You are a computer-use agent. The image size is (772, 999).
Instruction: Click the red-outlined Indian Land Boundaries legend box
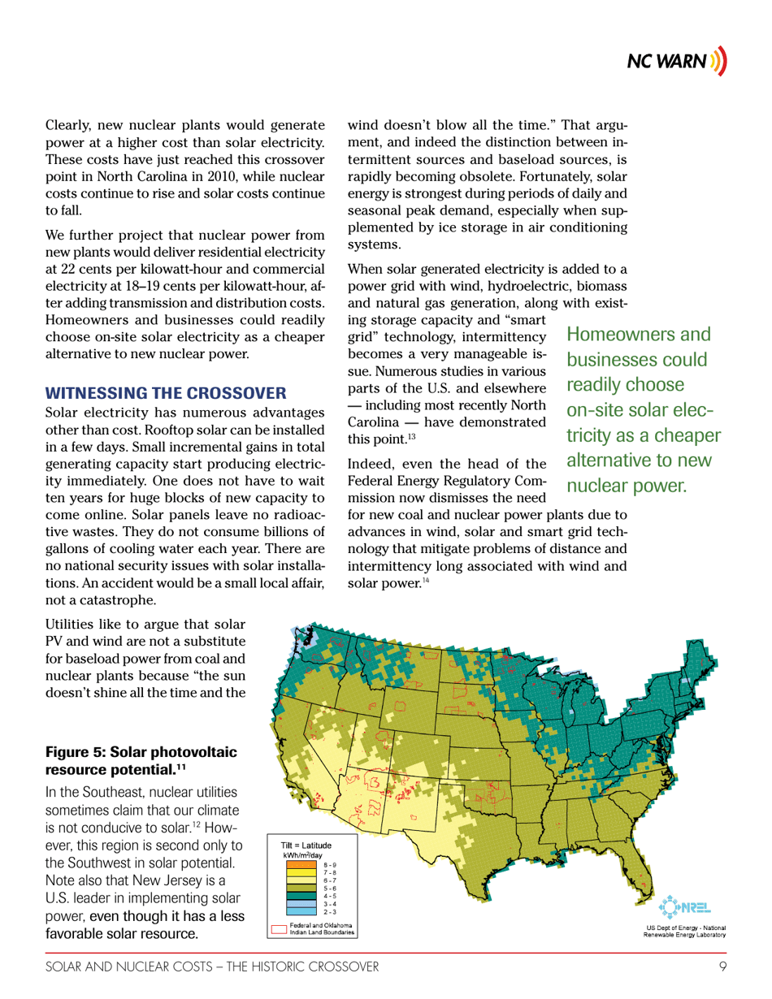278,928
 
